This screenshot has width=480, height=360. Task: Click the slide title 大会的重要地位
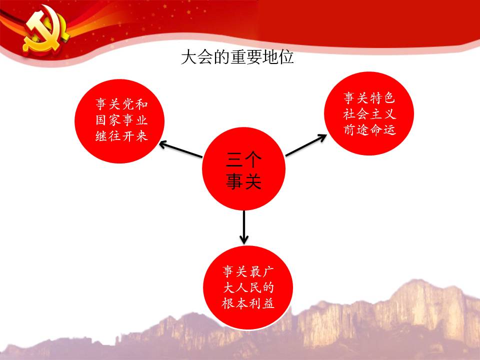(x=237, y=57)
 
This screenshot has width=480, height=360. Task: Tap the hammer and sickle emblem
(x=46, y=30)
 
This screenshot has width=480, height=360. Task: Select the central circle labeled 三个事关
(x=243, y=168)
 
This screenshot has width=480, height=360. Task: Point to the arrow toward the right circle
(x=306, y=145)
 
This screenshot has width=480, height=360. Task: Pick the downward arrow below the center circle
(x=244, y=227)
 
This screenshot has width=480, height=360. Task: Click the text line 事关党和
(x=121, y=104)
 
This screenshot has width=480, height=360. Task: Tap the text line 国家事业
(x=121, y=120)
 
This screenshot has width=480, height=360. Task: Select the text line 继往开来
(x=121, y=136)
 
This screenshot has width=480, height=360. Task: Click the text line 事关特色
(x=369, y=98)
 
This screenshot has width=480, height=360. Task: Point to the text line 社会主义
(x=369, y=114)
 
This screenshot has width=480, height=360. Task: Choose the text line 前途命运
(x=369, y=130)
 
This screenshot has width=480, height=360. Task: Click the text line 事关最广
(x=248, y=271)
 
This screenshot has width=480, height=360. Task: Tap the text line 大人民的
(x=248, y=287)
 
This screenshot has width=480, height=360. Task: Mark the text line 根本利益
(x=248, y=303)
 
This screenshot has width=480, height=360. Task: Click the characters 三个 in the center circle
(x=243, y=159)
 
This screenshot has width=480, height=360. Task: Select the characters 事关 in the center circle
(x=243, y=180)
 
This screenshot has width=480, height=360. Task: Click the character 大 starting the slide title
(x=189, y=57)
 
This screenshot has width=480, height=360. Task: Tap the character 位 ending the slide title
(x=286, y=57)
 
